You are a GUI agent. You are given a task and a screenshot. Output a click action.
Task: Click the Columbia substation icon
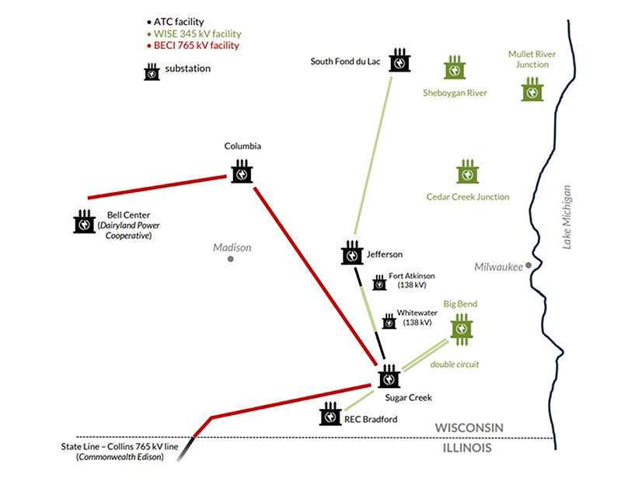pyautogui.click(x=242, y=172)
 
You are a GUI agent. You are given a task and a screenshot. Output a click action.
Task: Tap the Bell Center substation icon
pyautogui.click(x=85, y=222)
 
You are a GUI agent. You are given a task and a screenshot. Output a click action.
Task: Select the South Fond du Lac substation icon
pyautogui.click(x=400, y=61)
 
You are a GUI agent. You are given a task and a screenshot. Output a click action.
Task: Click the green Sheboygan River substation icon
pyautogui.click(x=455, y=68)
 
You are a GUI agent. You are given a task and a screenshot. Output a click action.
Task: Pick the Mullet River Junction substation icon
pyautogui.click(x=532, y=89)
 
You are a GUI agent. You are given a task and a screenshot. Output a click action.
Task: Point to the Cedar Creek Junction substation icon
pyautogui.click(x=467, y=172)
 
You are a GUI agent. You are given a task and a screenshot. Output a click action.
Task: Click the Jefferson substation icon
pyautogui.click(x=352, y=253)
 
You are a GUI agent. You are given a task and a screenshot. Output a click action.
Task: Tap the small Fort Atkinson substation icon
pyautogui.click(x=379, y=283)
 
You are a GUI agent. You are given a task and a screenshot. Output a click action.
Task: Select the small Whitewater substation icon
pyautogui.click(x=389, y=321)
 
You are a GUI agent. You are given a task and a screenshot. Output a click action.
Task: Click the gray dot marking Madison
pyautogui.click(x=231, y=258)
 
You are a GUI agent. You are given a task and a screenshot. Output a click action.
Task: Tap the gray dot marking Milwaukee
pyautogui.click(x=529, y=265)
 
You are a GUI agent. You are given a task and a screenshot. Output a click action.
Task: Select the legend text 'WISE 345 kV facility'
pyautogui.click(x=197, y=34)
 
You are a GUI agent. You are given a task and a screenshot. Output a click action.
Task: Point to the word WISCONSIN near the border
pyautogui.click(x=469, y=428)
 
